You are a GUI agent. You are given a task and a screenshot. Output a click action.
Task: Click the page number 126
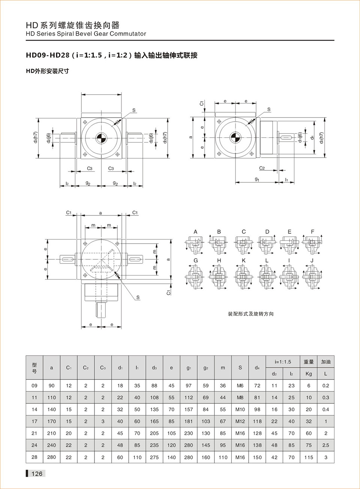pos(37,474)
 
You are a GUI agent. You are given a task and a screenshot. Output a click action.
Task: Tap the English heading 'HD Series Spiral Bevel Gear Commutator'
pos(86,34)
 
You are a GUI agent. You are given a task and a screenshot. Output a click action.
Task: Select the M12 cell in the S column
pos(240,421)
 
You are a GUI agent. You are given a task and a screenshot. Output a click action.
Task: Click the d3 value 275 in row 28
pos(154,457)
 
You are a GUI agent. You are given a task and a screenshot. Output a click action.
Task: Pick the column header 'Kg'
pos(309,374)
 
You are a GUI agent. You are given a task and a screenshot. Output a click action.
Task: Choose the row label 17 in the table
pos(34,421)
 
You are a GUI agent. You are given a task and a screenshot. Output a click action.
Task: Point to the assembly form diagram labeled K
pos(243,277)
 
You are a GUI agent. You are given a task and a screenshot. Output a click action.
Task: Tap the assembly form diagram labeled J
pos(312,277)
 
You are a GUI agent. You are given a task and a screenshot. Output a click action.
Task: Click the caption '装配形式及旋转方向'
pos(251,314)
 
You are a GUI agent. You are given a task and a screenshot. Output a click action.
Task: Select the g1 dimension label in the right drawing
pos(257,179)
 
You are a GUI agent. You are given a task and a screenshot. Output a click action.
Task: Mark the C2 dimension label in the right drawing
pos(262,168)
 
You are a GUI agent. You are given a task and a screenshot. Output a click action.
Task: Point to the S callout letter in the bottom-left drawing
pos(138,297)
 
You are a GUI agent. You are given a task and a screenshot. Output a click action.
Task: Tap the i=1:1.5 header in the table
pos(283,362)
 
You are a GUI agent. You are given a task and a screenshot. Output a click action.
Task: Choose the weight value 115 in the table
pos(309,457)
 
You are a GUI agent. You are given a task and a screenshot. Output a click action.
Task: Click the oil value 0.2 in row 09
pos(325,385)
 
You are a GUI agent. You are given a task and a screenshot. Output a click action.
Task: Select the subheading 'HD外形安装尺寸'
pos(47,71)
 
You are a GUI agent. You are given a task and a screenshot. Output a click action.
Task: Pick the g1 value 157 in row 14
pos(189,409)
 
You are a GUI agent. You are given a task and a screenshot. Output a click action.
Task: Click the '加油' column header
pos(325,362)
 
